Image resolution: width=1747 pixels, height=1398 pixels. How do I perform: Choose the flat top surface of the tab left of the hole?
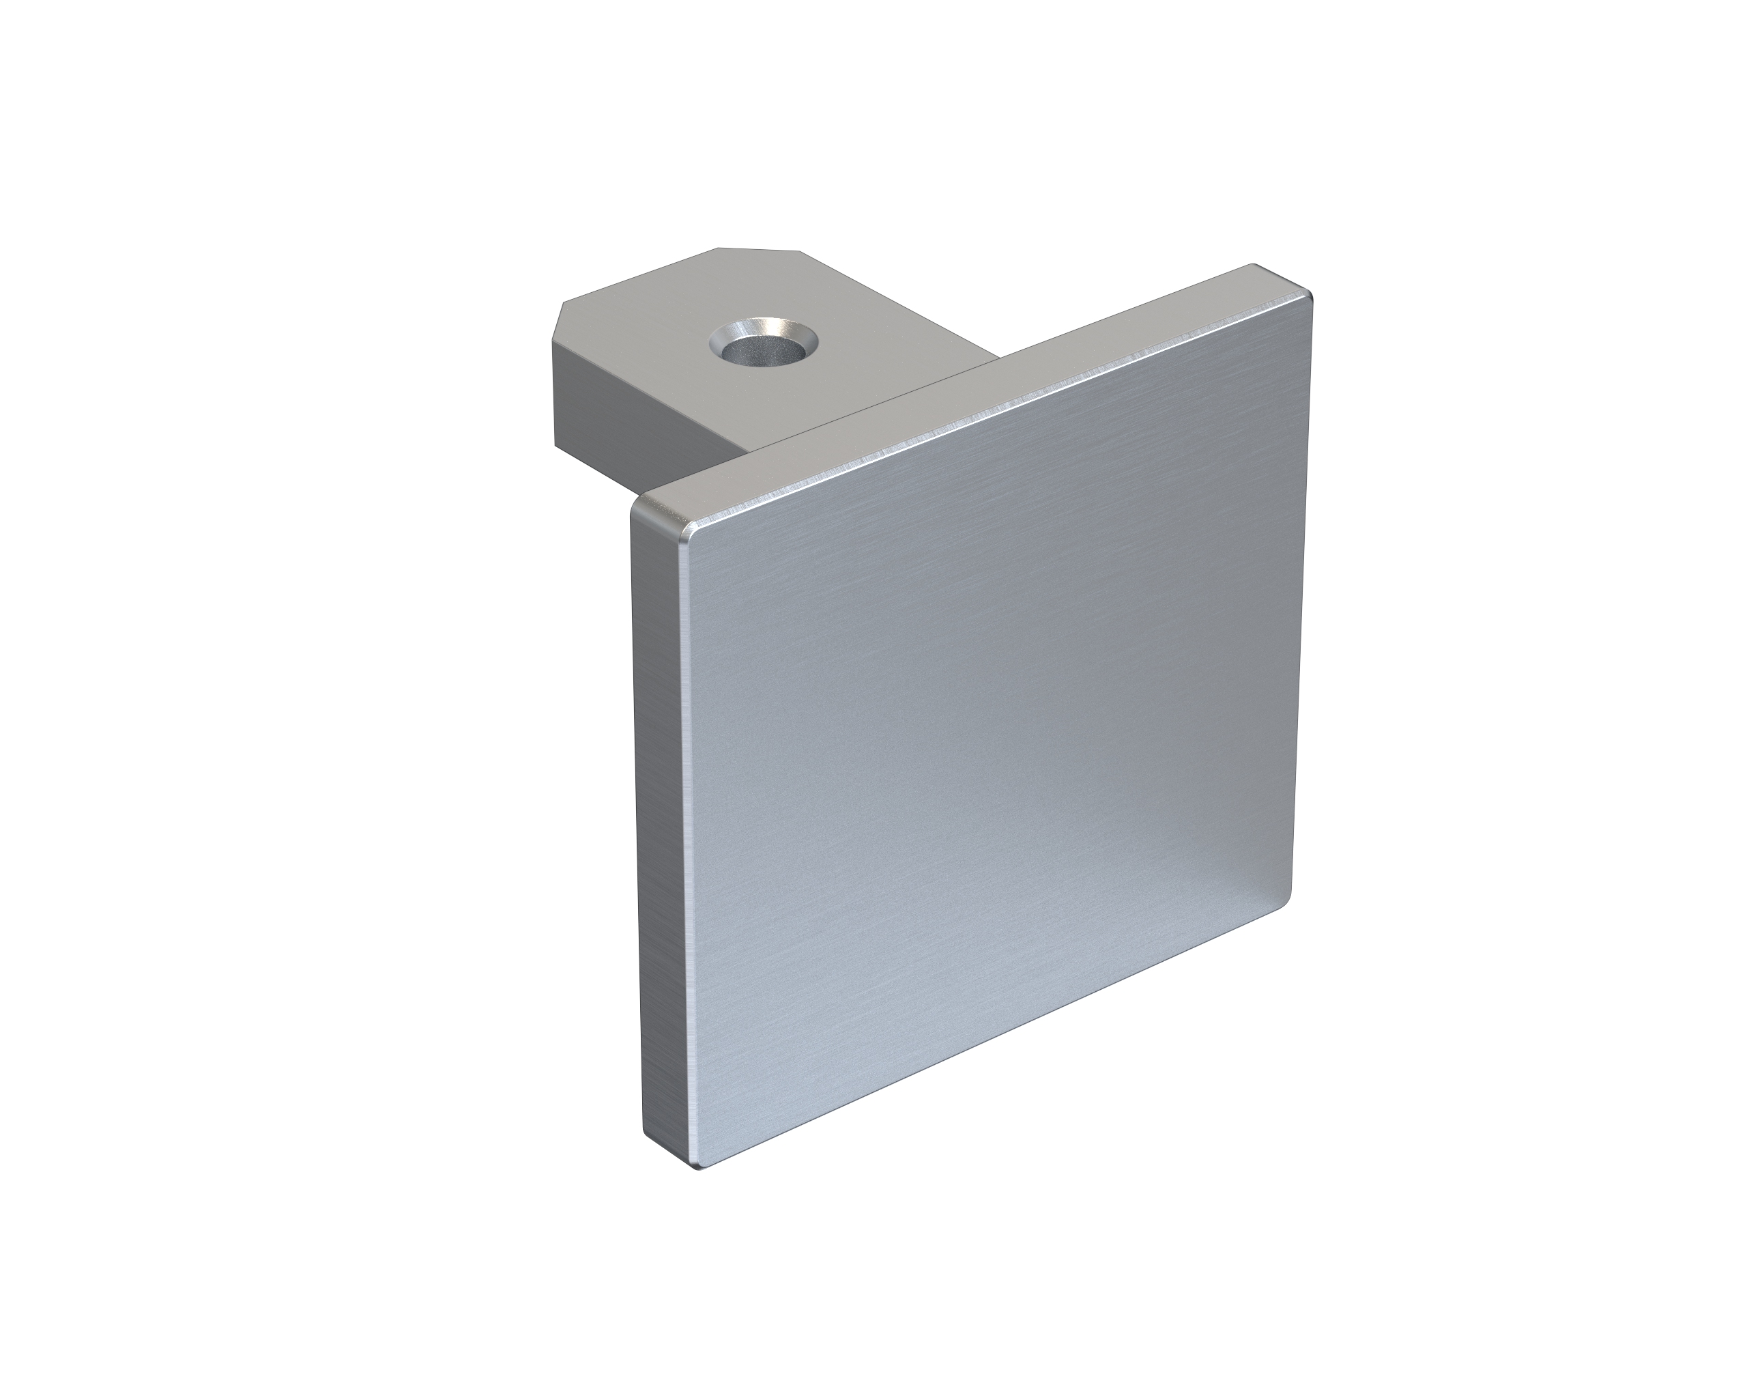pos(648,341)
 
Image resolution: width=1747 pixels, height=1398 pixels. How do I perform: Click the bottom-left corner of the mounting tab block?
pos(556,445)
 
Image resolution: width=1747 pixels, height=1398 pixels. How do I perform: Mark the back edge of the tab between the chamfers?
pos(757,248)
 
